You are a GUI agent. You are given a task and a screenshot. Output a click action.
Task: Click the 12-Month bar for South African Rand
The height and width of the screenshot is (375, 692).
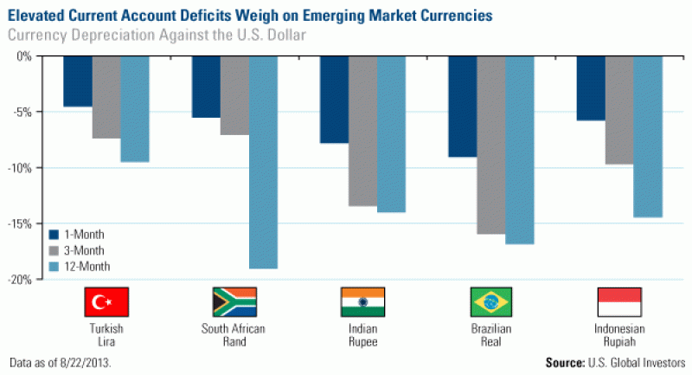click(263, 162)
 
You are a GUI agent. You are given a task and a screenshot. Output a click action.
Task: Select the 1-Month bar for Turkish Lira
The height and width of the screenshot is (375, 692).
click(78, 81)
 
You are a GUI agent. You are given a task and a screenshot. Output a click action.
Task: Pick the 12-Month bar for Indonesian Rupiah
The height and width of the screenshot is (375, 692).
click(648, 136)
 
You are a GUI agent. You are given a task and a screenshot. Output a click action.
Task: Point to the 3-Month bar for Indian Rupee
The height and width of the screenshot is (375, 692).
click(362, 131)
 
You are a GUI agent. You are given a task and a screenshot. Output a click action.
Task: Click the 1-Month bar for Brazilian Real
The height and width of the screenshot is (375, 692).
click(462, 107)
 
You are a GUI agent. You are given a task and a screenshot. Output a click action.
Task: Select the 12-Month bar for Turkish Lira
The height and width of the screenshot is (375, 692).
click(135, 109)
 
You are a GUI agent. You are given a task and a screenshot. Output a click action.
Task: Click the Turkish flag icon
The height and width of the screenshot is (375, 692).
click(106, 301)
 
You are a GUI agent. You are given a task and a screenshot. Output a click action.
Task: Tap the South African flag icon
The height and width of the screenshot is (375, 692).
click(234, 301)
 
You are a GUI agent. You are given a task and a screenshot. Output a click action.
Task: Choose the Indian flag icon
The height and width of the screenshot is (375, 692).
click(362, 301)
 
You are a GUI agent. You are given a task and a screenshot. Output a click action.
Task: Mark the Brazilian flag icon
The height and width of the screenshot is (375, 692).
click(491, 301)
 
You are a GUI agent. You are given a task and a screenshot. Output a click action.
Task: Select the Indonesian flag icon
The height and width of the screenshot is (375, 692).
click(619, 301)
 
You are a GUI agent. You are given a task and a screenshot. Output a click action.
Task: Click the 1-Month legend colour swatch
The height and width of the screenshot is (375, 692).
click(53, 234)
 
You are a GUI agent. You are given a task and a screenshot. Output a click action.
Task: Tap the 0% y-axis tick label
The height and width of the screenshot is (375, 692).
click(23, 56)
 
